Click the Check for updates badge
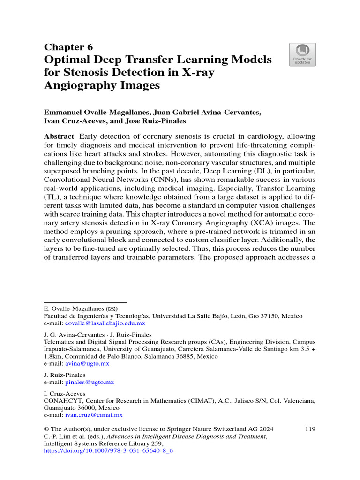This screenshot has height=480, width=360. point(302,54)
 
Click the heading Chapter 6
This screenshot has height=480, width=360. point(68,47)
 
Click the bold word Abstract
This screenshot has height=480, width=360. point(59,136)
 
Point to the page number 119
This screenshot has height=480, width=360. point(310,429)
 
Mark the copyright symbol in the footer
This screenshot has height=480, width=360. point(46,429)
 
